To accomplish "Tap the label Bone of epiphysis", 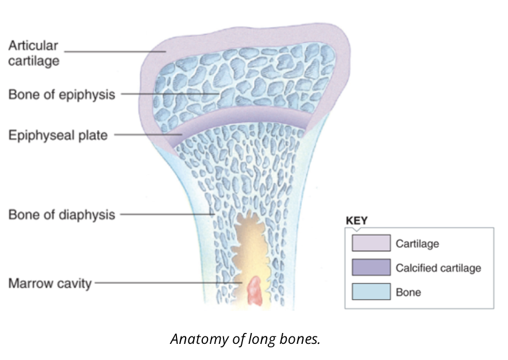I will (61, 94).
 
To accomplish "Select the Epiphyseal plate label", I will (57, 136).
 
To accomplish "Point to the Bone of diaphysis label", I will (61, 215).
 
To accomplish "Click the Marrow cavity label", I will (49, 284).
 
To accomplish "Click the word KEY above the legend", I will (356, 220).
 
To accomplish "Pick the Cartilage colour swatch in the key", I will (371, 243).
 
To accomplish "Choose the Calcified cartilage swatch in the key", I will (371, 268).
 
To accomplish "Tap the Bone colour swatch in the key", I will (371, 292).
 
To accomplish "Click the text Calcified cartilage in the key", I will (438, 268).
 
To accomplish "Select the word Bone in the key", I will (408, 292).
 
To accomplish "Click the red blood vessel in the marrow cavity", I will (254, 291).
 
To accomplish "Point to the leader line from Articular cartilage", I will (115, 51).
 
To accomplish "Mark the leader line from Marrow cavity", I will (167, 283).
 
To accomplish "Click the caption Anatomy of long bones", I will (245, 339).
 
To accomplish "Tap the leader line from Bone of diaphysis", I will (167, 215).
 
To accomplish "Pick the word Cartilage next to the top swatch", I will (417, 244).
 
